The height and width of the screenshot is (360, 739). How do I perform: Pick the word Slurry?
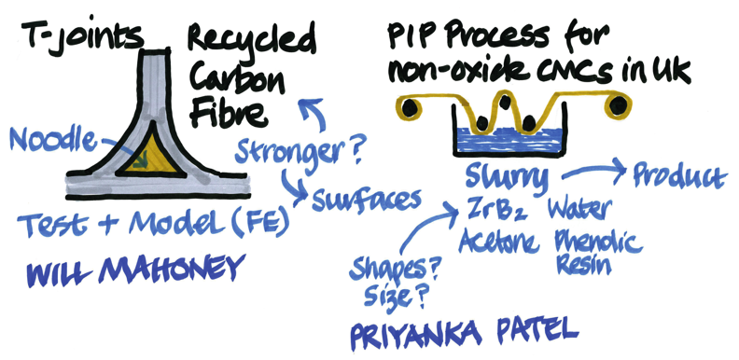[x=507, y=176]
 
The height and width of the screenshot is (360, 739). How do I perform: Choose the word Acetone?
[x=498, y=242]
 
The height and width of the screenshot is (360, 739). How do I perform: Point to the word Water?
[x=579, y=209]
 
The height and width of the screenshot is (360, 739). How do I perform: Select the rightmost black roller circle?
[x=617, y=106]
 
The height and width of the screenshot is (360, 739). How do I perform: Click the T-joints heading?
[x=80, y=35]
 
